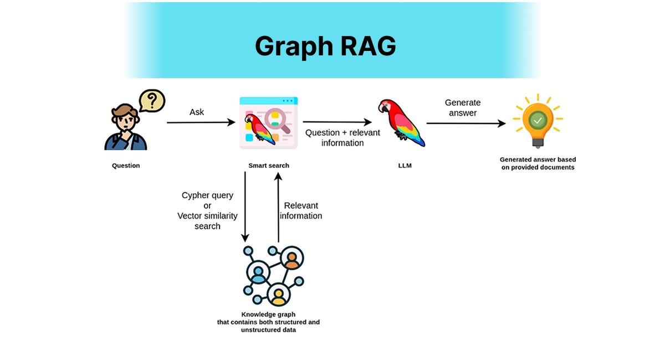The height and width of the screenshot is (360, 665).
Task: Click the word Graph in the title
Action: click(x=292, y=47)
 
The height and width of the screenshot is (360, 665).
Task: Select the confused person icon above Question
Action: click(x=125, y=128)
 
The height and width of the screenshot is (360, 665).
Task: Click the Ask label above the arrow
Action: click(x=197, y=112)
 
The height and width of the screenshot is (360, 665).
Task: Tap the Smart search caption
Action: click(x=268, y=166)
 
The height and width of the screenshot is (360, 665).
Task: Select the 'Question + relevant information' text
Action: click(x=342, y=137)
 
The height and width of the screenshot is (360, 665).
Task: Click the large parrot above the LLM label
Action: click(x=400, y=123)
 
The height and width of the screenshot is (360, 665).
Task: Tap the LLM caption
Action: click(x=405, y=166)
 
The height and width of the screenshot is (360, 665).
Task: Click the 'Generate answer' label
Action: click(x=463, y=107)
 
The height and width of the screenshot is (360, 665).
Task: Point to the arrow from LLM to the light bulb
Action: click(x=465, y=124)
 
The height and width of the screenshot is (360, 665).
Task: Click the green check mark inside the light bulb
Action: click(x=537, y=120)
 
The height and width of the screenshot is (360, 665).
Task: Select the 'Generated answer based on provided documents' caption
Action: click(x=538, y=163)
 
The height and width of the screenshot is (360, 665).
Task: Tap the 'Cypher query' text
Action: click(x=207, y=196)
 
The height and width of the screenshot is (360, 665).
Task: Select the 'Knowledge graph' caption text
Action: click(x=268, y=315)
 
